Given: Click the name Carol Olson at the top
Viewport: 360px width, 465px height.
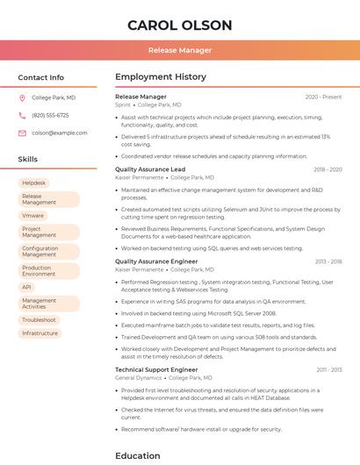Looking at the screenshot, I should coord(180,25).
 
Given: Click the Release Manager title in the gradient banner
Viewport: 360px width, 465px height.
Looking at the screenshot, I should coord(180,51).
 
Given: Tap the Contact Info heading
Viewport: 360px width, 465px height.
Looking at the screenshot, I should coord(41,77).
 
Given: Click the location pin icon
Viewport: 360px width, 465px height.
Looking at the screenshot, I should coord(22,97).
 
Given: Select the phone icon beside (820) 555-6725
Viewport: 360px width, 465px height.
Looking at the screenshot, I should coord(22,115).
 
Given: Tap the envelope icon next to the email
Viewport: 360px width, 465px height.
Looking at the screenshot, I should coord(22,132).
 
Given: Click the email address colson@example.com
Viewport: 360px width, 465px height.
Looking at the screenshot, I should coord(60,132).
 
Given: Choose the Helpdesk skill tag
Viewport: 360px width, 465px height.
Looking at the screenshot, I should coord(34,182).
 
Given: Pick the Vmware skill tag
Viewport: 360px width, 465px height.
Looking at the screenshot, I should coord(33,215).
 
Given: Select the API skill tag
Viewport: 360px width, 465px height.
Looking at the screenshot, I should coord(27,287).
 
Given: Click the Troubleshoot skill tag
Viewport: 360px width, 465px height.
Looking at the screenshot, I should coord(39,319).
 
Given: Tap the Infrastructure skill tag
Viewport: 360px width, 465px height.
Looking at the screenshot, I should coord(40,333).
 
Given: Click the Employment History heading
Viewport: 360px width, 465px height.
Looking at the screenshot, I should coord(161,77).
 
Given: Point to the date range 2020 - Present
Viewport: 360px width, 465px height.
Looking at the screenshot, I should coord(323,97).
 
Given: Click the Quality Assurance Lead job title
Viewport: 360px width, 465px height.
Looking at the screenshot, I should coord(150,169).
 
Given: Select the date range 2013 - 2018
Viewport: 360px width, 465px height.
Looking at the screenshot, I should coord(328,261).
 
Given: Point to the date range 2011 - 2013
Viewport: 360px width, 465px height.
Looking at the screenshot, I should coord(328,370).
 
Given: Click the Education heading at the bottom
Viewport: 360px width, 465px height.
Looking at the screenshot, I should coord(138,455).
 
